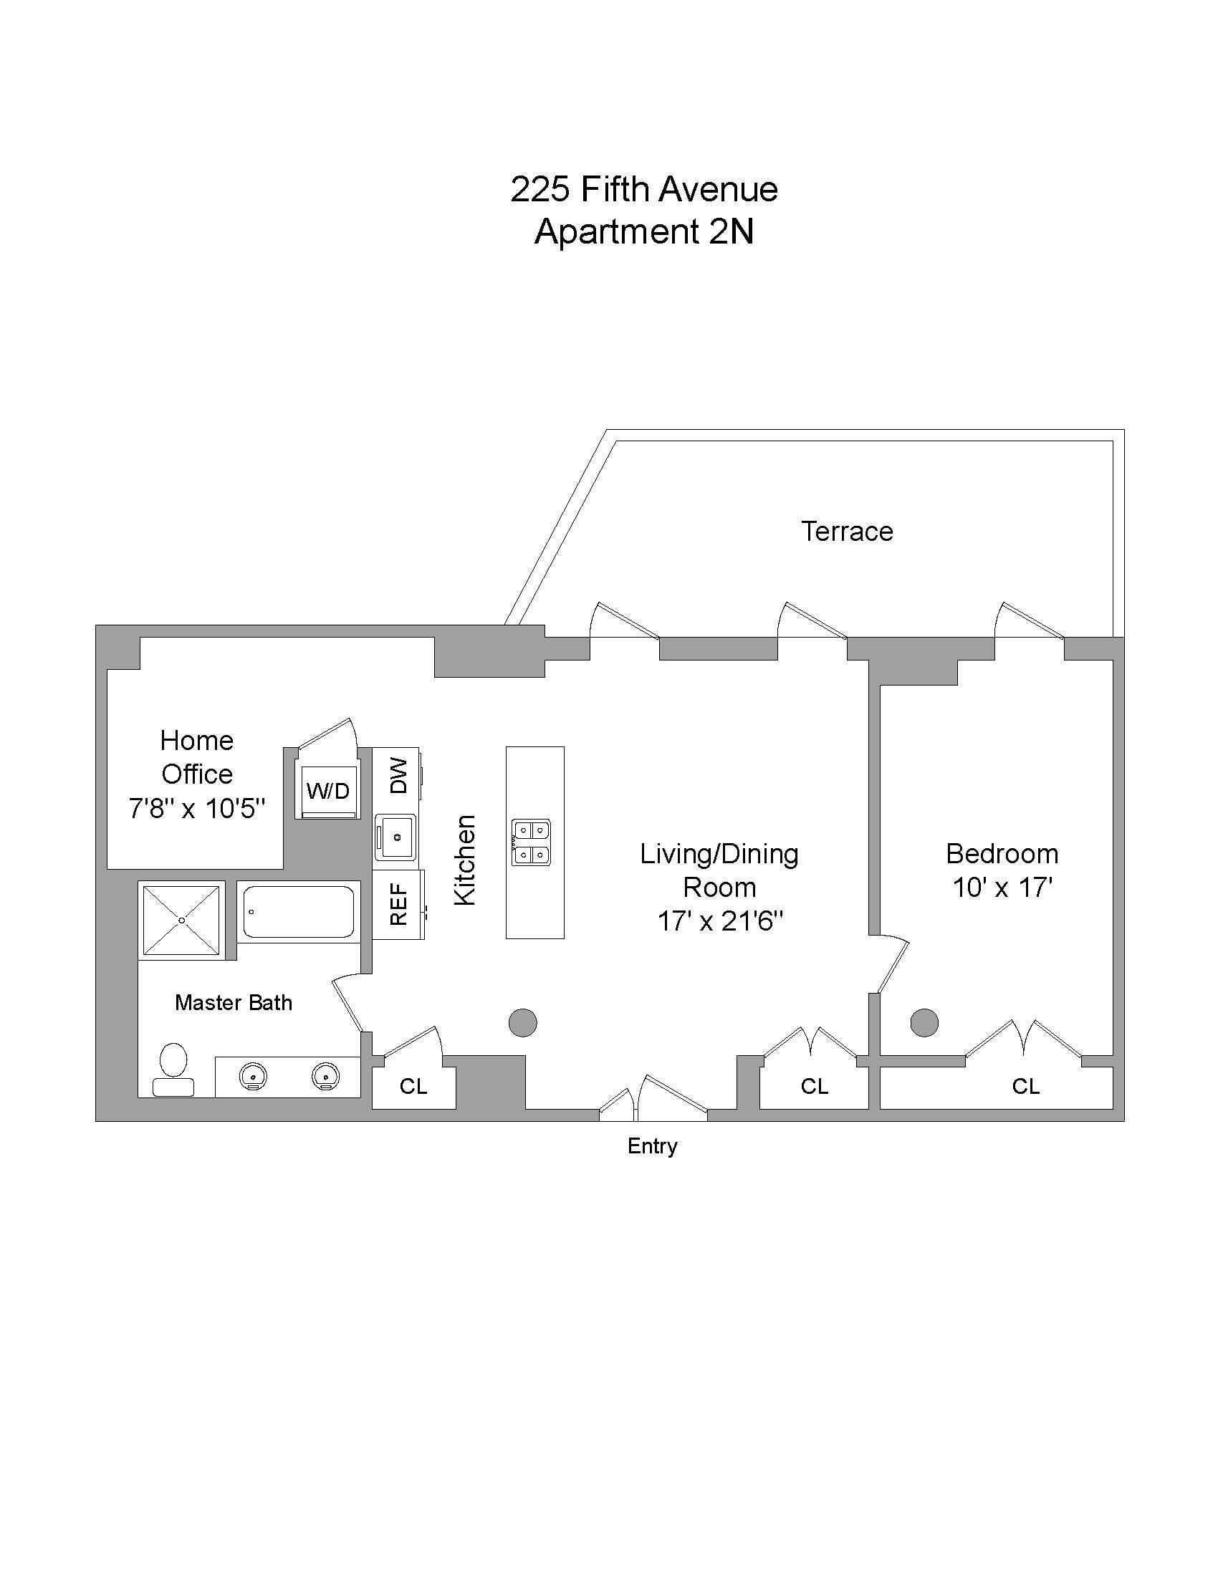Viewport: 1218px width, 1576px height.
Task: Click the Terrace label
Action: (x=847, y=532)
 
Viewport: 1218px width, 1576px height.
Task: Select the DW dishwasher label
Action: (x=398, y=776)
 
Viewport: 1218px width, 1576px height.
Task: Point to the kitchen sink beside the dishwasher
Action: (x=396, y=837)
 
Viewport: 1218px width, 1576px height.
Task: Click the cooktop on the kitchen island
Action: (x=531, y=842)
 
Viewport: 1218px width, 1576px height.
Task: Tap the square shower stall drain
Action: (x=182, y=920)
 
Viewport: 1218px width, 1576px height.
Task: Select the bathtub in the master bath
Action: (x=299, y=912)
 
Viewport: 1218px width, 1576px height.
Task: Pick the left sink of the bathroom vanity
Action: (x=253, y=1076)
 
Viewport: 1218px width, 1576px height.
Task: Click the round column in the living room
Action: (x=522, y=1022)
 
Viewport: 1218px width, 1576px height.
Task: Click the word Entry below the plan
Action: (x=652, y=1146)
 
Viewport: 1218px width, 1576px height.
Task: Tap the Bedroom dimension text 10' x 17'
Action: (x=1002, y=888)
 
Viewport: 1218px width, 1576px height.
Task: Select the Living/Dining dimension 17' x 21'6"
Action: (x=719, y=921)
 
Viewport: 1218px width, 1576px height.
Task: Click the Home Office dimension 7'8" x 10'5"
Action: (x=197, y=809)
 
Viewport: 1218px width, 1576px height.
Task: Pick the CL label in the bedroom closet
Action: (x=1025, y=1086)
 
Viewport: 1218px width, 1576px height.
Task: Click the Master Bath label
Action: (x=233, y=1002)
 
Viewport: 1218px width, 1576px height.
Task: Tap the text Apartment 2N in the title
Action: (x=643, y=231)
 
